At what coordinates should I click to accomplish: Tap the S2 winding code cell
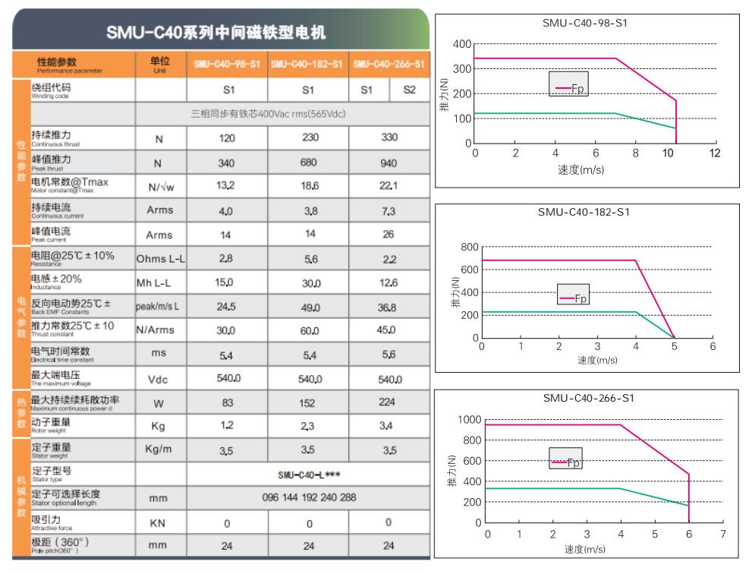point(410,90)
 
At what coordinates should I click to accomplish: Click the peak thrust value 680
point(307,163)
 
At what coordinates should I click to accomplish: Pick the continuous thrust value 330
point(389,137)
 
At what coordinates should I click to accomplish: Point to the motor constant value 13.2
point(225,186)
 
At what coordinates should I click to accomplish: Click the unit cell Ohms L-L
point(160,259)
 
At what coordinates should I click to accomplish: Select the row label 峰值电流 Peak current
point(51,233)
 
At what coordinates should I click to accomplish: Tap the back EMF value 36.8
point(389,307)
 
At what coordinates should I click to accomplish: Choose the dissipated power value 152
point(307,403)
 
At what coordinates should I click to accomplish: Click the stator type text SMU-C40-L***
point(307,475)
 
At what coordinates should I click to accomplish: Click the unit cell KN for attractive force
point(159,523)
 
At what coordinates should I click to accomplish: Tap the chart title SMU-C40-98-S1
point(585,23)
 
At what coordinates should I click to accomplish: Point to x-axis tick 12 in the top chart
point(713,154)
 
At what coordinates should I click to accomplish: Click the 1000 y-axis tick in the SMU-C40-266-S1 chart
point(470,420)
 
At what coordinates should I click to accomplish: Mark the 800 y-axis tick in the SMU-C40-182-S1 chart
point(470,248)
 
